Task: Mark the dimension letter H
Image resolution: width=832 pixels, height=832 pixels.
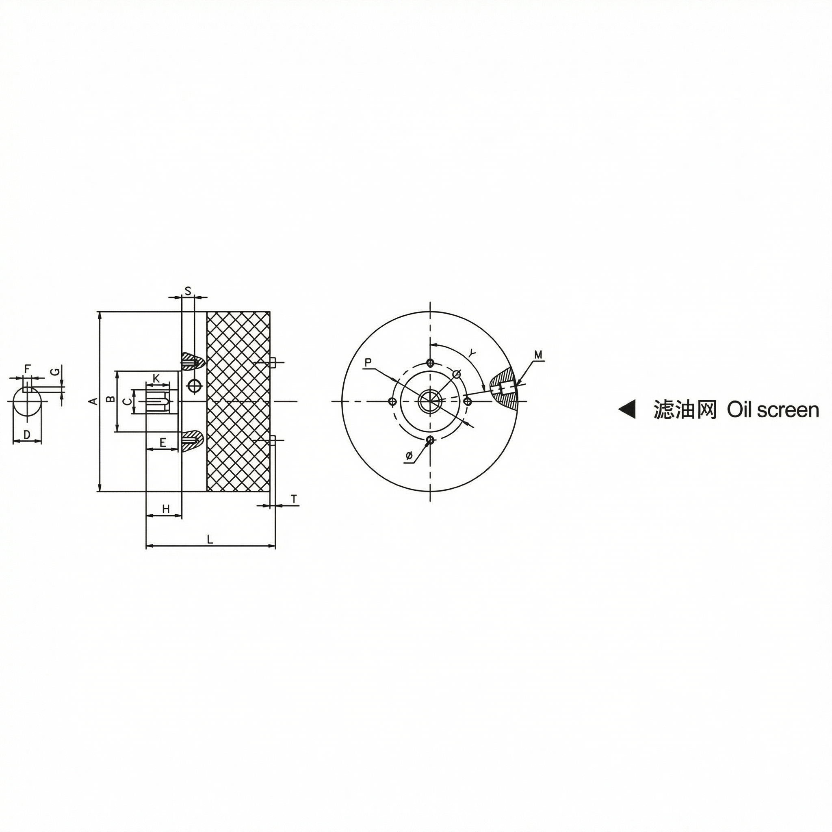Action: pos(166,509)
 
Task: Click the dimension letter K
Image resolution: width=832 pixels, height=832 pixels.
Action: pos(156,378)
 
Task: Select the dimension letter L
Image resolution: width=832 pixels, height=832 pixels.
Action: pos(210,539)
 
